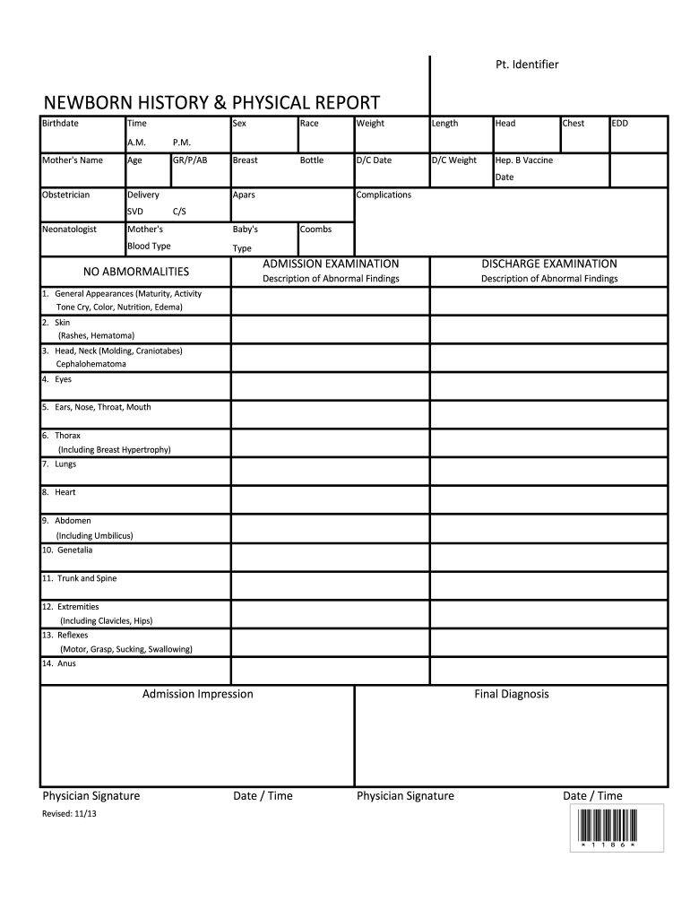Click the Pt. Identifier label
(x=528, y=65)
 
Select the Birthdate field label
(x=60, y=124)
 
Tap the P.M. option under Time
(x=182, y=143)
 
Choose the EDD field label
(x=619, y=124)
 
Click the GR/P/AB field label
(x=190, y=160)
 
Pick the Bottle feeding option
(x=312, y=160)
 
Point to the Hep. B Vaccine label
(x=523, y=160)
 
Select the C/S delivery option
(x=179, y=212)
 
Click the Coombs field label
(x=315, y=229)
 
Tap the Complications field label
(x=384, y=195)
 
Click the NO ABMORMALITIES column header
(x=136, y=271)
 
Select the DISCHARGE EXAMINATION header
(x=549, y=264)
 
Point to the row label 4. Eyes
(x=56, y=379)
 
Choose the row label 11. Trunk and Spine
(x=79, y=578)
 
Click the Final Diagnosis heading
(x=511, y=694)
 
